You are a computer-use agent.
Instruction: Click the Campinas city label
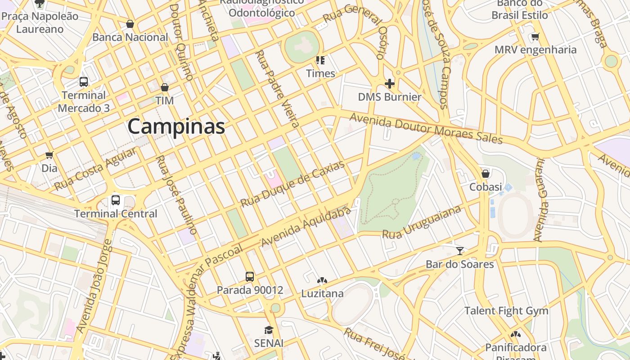[176, 126]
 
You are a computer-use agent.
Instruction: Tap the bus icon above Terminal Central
[116, 200]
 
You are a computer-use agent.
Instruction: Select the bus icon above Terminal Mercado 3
[84, 81]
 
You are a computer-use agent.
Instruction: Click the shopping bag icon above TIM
[165, 87]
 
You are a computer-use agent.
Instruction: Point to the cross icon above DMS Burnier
[390, 83]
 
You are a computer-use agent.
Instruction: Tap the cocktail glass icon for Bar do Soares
[459, 251]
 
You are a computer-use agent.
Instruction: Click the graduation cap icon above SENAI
[269, 330]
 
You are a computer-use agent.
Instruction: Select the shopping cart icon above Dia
[49, 155]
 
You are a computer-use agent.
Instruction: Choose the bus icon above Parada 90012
[250, 276]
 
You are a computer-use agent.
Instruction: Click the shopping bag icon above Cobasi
[486, 173]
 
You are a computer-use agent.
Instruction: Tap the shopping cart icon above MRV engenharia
[535, 36]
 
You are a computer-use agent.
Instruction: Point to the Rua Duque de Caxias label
[292, 184]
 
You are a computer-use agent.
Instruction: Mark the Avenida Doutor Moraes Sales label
[426, 129]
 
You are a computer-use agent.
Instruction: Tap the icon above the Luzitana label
[322, 280]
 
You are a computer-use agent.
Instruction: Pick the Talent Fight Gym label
[506, 311]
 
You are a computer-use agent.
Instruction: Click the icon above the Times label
[320, 60]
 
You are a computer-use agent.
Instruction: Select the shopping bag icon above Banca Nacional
[130, 24]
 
